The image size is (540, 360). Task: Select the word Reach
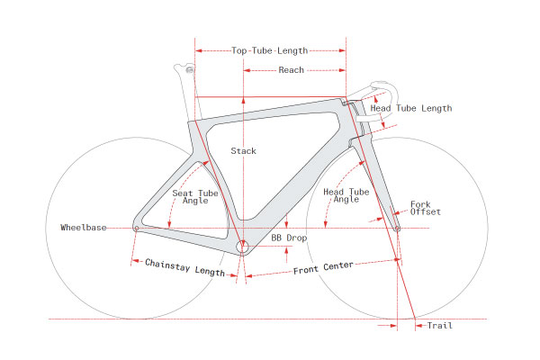pyautogui.click(x=291, y=69)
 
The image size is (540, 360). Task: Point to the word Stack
pyautogui.click(x=243, y=150)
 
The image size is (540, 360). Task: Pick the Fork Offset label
pyautogui.click(x=426, y=209)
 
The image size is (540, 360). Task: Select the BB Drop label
pyautogui.click(x=290, y=238)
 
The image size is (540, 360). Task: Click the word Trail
pyautogui.click(x=440, y=325)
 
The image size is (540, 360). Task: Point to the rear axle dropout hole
pyautogui.click(x=136, y=229)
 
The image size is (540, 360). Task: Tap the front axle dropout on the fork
pyautogui.click(x=397, y=229)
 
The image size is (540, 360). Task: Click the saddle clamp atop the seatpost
pyautogui.click(x=186, y=68)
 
